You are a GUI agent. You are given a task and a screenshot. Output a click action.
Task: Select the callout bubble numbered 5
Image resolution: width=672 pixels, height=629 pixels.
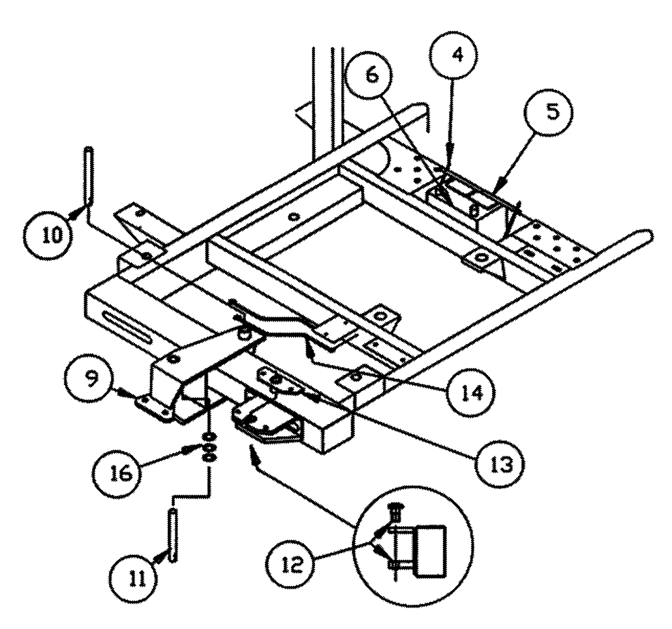pos(551,112)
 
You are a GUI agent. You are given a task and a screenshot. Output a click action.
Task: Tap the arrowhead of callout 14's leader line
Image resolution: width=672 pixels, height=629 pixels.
pos(310,349)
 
